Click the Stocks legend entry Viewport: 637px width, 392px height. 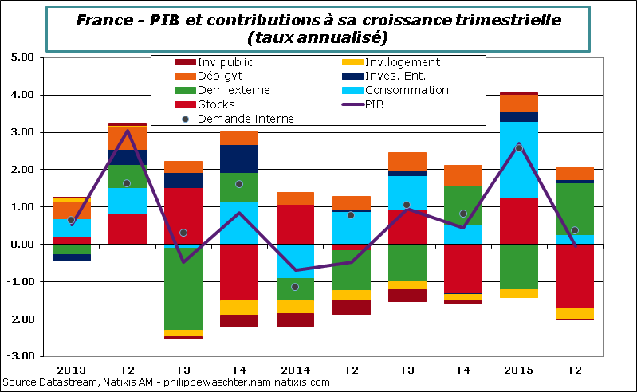click(x=195, y=104)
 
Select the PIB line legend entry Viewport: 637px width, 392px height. click(x=375, y=104)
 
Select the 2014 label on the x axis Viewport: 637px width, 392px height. click(x=295, y=370)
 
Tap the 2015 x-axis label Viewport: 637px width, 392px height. click(x=518, y=370)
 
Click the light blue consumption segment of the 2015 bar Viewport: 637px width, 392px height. click(x=518, y=159)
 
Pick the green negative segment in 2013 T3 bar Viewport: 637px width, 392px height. click(x=183, y=287)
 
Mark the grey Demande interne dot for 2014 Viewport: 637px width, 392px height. click(x=295, y=287)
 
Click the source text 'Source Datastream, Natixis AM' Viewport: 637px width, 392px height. click(x=80, y=382)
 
